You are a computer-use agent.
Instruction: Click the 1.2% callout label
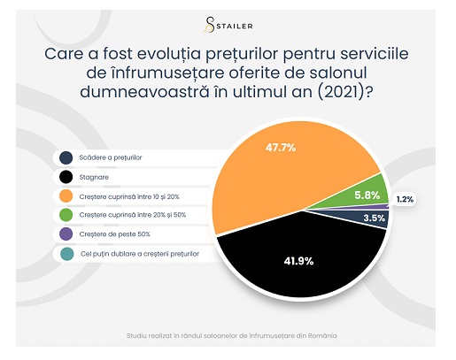(405, 200)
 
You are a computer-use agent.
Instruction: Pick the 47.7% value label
(281, 148)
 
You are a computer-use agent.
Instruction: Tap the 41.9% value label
(298, 261)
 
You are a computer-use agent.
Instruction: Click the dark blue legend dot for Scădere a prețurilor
(66, 157)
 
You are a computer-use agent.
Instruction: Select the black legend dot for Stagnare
(66, 177)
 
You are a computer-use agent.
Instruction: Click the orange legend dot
(66, 196)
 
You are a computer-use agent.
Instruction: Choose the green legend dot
(66, 215)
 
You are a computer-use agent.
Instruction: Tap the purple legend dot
(66, 234)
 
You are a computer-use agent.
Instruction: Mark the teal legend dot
(67, 254)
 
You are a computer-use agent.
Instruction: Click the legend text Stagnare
(94, 177)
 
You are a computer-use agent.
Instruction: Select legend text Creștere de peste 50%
(114, 234)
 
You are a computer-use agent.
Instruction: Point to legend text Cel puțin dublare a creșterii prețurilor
(140, 254)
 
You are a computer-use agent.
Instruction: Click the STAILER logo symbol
(209, 25)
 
